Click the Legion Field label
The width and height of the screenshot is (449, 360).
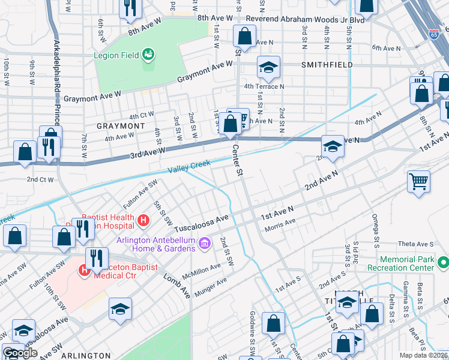[116, 56]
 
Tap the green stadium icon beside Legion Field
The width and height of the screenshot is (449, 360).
[148, 56]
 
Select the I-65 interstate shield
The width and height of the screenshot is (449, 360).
[434, 34]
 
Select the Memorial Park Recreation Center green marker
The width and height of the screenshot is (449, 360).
[443, 263]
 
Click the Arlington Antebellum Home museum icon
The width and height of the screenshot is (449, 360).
[205, 244]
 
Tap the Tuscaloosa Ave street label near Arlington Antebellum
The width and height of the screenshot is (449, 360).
[202, 223]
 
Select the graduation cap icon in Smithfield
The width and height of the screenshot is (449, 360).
[268, 67]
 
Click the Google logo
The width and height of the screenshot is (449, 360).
[20, 353]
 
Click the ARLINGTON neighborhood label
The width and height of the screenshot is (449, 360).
[85, 356]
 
